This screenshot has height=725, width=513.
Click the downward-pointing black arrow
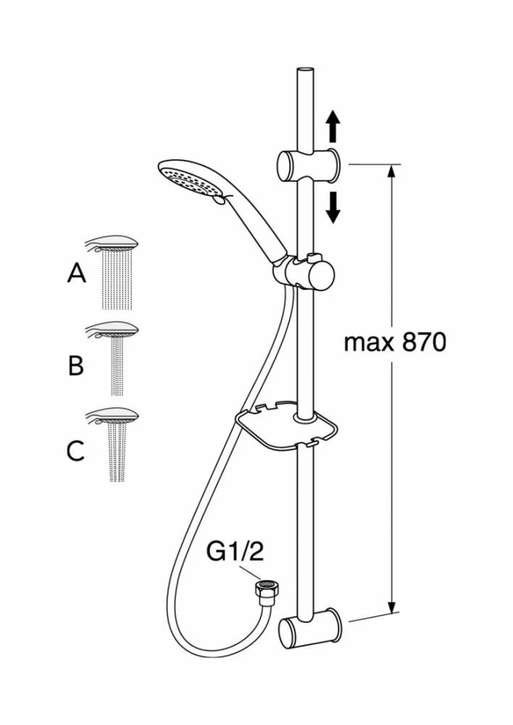[333, 207]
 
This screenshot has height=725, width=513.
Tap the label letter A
[76, 273]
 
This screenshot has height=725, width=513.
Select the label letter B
[75, 365]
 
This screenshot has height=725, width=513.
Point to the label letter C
[75, 451]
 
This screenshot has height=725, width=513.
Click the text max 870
[394, 342]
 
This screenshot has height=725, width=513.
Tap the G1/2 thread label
[235, 552]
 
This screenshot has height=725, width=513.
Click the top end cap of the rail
[304, 70]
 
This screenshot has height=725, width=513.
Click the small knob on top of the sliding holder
[313, 257]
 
